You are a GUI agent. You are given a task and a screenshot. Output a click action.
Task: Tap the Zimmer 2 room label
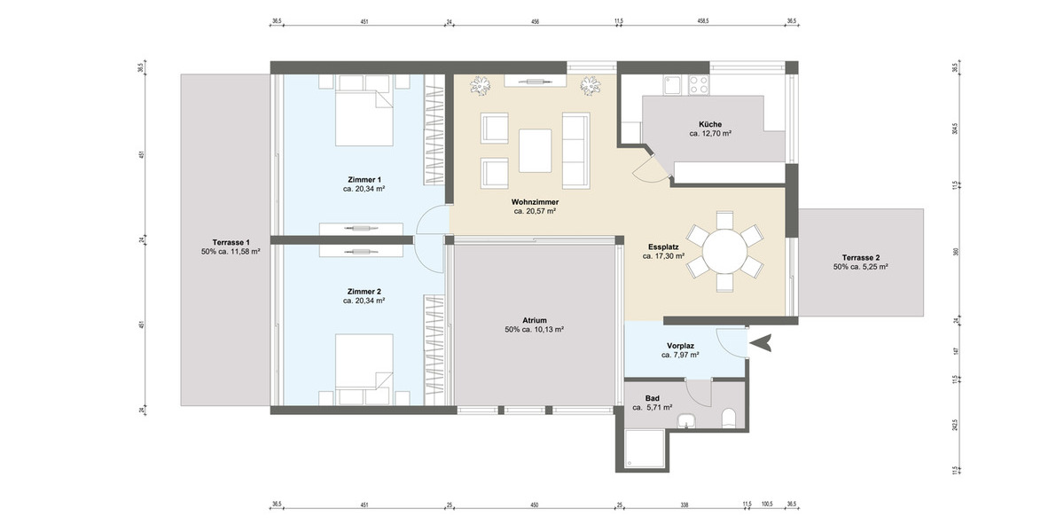click(364, 291)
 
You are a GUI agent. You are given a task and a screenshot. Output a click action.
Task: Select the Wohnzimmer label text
click(535, 202)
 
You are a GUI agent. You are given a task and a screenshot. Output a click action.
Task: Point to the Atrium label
click(534, 320)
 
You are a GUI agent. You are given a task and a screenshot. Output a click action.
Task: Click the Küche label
click(709, 124)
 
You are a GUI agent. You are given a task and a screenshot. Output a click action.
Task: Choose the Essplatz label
click(663, 247)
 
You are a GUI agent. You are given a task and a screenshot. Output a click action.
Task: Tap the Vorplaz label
click(680, 346)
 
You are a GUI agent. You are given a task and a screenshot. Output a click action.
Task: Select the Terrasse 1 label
click(231, 242)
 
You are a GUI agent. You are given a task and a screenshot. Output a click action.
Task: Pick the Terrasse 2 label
click(860, 257)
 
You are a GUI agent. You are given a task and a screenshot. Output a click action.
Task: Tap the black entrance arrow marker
click(760, 341)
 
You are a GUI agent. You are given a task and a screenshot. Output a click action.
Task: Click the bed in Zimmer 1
click(364, 116)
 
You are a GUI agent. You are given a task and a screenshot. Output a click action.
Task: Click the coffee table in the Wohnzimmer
click(536, 150)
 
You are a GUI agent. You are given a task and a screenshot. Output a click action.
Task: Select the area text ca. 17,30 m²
click(663, 256)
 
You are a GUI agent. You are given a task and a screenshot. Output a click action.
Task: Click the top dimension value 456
click(535, 21)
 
